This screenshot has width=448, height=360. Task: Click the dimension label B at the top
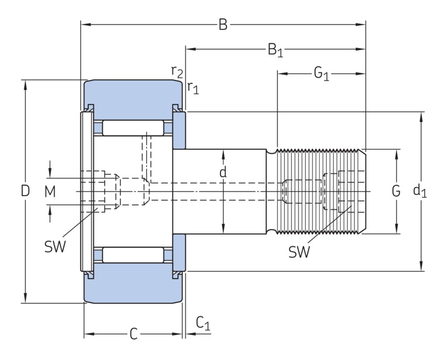coord(223,24)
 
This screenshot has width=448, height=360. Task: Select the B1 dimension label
coord(275,50)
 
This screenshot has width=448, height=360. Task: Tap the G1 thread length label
coord(321,74)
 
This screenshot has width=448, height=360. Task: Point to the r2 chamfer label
coord(177,71)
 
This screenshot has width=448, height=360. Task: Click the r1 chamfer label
coord(192,88)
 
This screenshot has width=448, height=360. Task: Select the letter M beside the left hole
coord(49,191)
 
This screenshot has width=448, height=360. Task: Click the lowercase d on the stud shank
coord(223,173)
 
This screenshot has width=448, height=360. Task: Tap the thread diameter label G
coord(396,191)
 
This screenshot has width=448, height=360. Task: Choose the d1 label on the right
coord(419,191)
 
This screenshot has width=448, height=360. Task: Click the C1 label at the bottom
coord(203,323)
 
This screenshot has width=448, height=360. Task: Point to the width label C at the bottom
coord(133,334)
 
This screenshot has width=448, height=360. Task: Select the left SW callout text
coord(55,247)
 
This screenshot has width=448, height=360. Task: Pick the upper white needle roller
coord(133,128)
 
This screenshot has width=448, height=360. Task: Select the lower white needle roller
coord(133,255)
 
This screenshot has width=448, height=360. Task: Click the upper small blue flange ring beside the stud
coord(180,130)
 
